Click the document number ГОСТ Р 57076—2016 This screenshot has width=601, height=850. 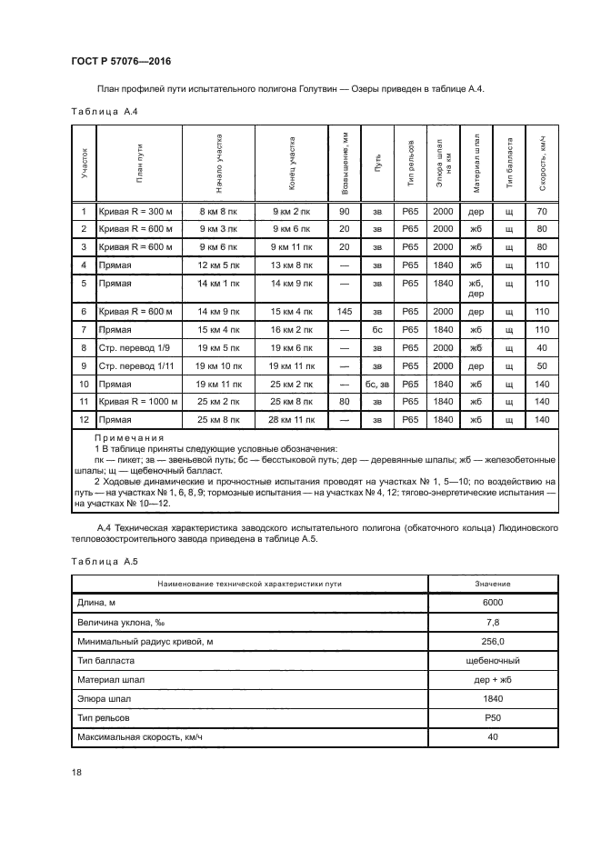[120, 63]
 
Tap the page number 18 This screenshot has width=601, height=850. [76, 773]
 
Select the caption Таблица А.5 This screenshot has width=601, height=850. [103, 560]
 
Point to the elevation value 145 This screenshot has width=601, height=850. [344, 312]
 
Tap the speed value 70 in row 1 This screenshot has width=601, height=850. [542, 211]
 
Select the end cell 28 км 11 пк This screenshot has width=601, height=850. [291, 419]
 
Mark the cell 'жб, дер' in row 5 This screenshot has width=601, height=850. [476, 288]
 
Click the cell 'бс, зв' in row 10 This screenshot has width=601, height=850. [377, 384]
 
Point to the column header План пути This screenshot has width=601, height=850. [139, 163]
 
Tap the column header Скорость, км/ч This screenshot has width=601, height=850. [542, 163]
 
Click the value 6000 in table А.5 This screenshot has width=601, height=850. [493, 603]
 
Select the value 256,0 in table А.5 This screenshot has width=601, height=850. [493, 641]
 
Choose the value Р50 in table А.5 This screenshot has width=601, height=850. [493, 717]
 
